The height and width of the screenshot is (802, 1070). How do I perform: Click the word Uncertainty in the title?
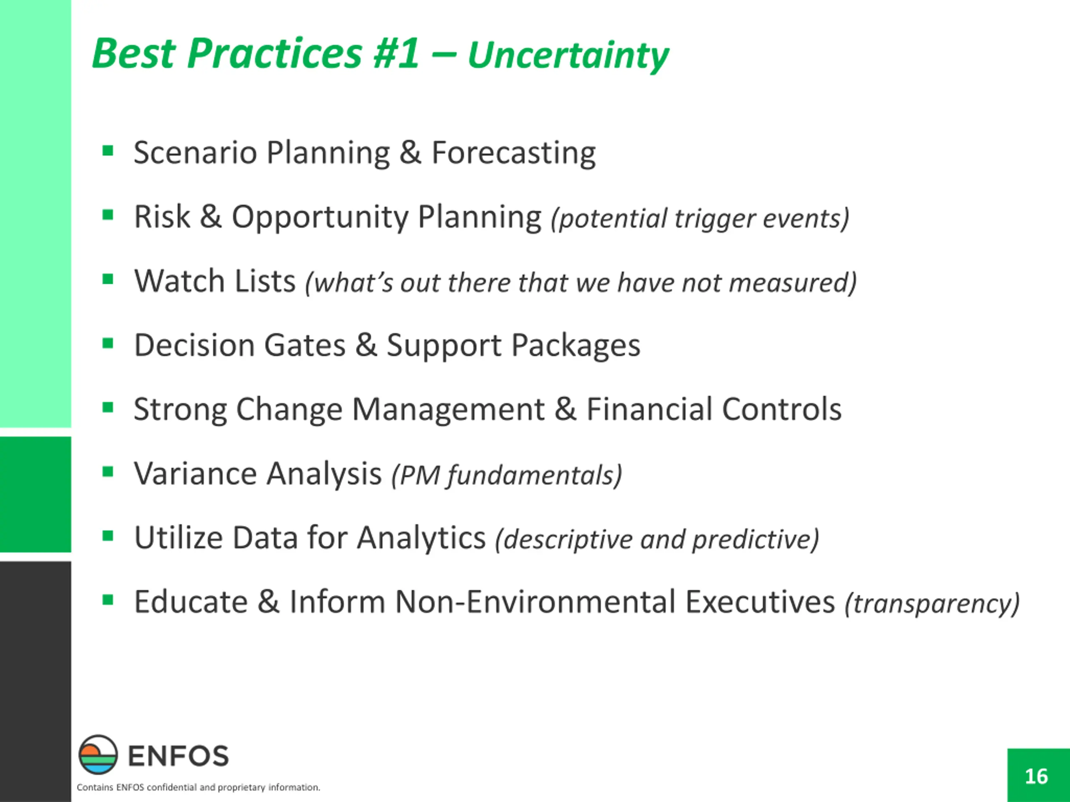(x=568, y=56)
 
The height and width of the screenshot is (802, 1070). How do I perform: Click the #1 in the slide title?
(x=396, y=53)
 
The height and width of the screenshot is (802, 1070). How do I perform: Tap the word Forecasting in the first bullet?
(x=513, y=154)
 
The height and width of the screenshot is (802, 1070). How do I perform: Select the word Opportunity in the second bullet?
(x=320, y=218)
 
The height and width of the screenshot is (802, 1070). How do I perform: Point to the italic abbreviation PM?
(x=415, y=476)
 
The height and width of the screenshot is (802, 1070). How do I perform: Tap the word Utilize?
(x=178, y=538)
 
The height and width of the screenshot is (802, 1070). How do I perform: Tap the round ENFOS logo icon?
(x=98, y=755)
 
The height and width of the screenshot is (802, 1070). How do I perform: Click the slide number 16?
(x=1036, y=777)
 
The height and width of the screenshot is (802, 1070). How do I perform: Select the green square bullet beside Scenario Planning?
(x=108, y=151)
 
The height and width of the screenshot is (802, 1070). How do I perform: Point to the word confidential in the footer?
(x=172, y=787)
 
